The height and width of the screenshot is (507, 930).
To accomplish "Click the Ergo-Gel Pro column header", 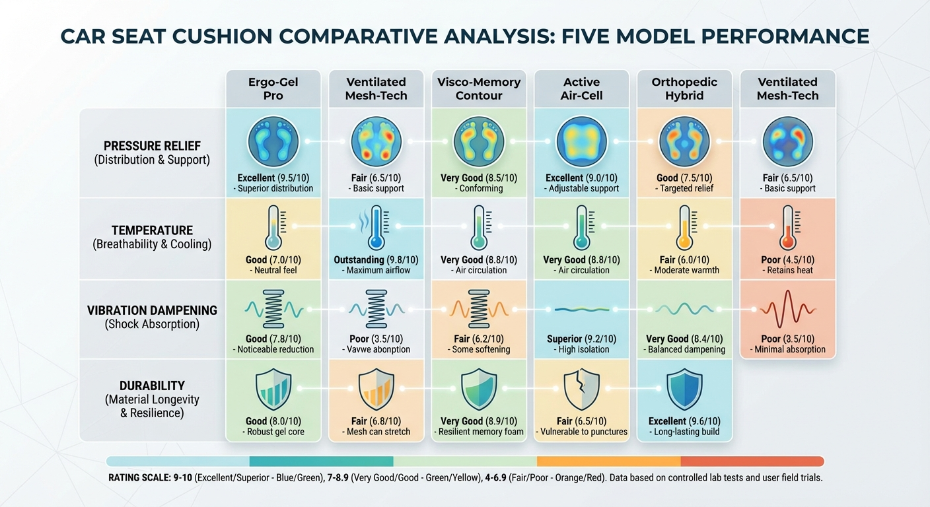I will [273, 89].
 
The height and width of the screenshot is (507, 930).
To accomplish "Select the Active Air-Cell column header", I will [581, 89].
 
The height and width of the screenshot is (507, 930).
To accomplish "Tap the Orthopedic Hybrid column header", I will [685, 89].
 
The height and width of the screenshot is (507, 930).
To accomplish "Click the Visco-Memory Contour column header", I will [479, 89].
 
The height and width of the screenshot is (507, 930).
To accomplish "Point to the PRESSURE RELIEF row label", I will [152, 146].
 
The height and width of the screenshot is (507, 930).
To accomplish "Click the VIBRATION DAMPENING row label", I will [152, 310].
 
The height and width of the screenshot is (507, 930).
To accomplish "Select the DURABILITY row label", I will [152, 386].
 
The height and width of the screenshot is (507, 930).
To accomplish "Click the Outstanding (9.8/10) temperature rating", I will [376, 260].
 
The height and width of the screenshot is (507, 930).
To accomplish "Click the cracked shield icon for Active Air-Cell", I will [581, 389].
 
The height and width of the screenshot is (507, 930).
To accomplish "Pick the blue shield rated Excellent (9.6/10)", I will [685, 389].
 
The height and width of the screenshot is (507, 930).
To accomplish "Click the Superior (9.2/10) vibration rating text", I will [581, 339].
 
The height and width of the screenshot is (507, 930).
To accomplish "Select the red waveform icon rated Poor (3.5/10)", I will [787, 308].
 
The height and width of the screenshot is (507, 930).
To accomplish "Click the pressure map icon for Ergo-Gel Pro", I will [273, 142].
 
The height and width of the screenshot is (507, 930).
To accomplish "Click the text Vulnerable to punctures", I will [583, 432].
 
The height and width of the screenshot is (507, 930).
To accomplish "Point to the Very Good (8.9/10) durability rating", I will [479, 421].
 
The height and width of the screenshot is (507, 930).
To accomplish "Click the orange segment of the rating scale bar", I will [608, 461].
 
